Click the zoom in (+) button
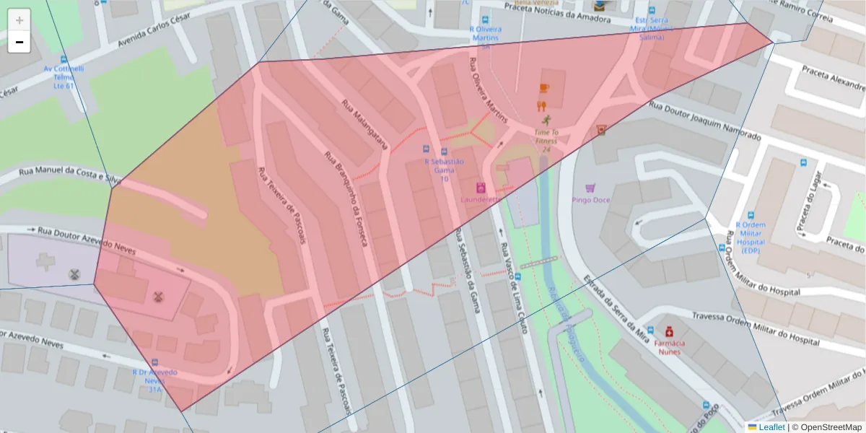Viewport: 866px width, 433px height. [19, 19]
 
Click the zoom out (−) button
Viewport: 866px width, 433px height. [19, 42]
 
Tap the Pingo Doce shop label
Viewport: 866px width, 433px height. [590, 200]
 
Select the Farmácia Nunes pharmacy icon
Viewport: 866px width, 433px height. [669, 331]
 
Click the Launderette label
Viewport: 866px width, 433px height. [481, 198]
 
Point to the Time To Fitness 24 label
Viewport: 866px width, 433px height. [546, 141]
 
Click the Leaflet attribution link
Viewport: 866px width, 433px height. [772, 427]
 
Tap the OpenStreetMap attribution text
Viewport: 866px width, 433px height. [826, 427]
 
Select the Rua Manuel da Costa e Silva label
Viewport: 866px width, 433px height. [69, 173]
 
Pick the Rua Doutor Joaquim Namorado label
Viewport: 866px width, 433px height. [704, 121]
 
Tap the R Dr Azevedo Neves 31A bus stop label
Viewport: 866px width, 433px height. [154, 380]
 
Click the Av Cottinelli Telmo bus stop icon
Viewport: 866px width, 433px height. [64, 60]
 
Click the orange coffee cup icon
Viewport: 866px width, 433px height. [544, 88]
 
